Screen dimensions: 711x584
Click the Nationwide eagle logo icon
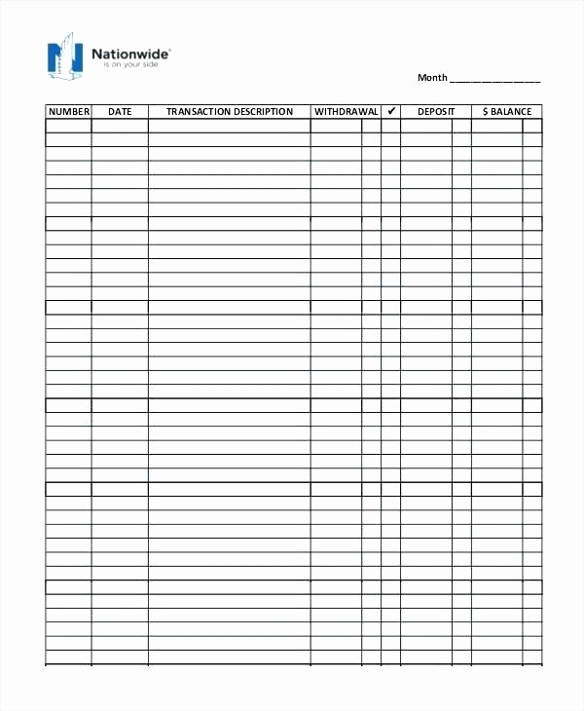[63, 56]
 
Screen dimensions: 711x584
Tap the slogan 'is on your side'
[123, 64]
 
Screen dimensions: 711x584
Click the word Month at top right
[432, 78]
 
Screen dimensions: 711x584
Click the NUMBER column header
[68, 112]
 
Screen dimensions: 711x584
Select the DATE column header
[120, 112]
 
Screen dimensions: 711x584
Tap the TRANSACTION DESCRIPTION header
[230, 112]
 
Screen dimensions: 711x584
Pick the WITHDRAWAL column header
[346, 112]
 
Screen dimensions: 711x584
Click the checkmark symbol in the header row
[390, 112]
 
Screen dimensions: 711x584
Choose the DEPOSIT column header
[436, 112]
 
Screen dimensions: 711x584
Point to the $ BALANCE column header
[507, 112]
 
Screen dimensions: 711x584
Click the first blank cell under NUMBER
[68, 126]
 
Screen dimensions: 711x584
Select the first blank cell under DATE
[120, 126]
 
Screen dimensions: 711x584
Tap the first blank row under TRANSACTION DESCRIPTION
[230, 126]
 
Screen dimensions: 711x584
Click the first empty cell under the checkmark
[390, 126]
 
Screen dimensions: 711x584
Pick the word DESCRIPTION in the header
[263, 112]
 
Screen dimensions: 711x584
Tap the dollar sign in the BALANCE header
[485, 112]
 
